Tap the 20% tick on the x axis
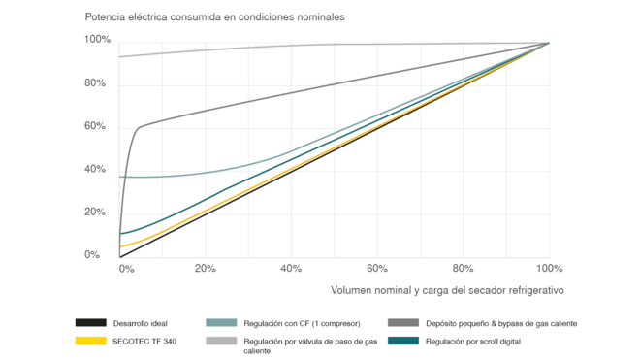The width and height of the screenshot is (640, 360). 205,268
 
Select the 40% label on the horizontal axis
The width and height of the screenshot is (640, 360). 291,268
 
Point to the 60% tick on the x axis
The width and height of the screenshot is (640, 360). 377,268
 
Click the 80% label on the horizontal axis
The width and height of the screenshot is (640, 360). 463,268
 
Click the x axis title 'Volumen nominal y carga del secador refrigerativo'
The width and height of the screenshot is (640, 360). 447,289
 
